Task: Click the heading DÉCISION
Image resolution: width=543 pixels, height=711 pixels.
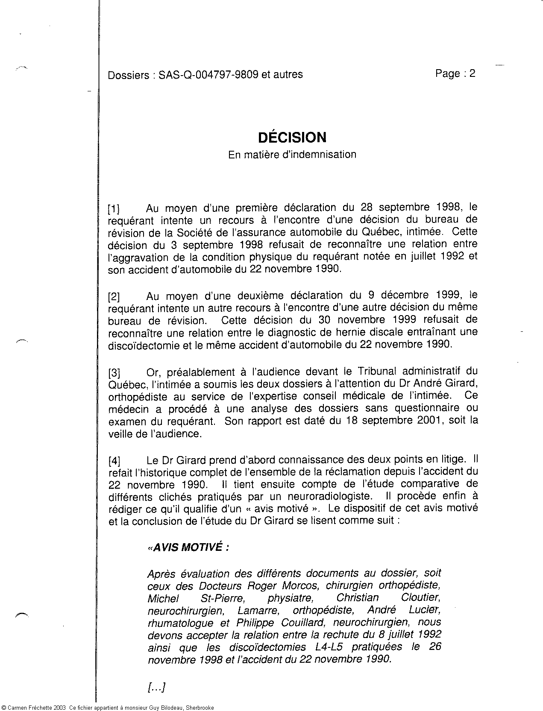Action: click(x=292, y=138)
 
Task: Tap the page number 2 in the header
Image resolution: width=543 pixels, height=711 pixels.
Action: click(x=472, y=73)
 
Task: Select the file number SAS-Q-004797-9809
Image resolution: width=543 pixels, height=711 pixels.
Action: click(x=208, y=75)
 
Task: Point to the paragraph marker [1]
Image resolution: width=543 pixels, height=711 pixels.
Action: click(x=114, y=209)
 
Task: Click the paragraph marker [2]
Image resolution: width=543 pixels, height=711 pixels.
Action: click(x=114, y=297)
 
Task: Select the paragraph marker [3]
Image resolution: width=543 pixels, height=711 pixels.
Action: click(x=114, y=372)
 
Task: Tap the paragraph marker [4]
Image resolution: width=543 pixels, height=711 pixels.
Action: click(x=114, y=461)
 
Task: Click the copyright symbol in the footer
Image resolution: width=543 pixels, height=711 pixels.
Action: click(x=3, y=708)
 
